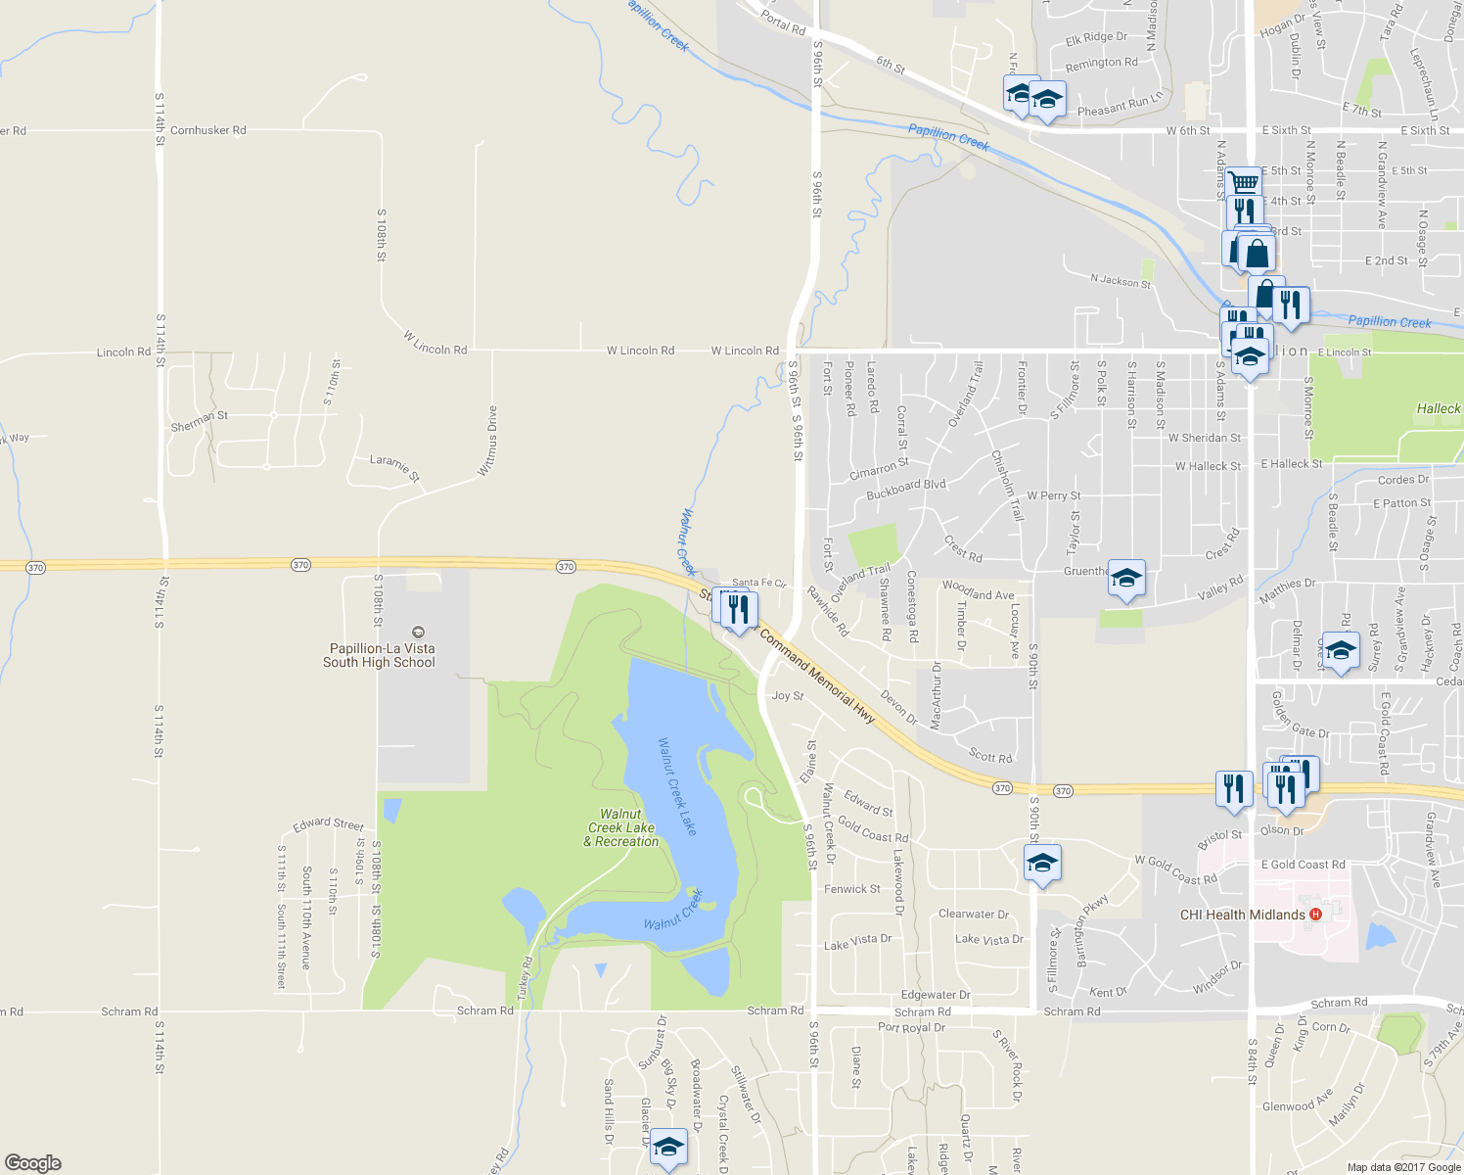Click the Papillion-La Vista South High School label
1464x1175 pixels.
(379, 655)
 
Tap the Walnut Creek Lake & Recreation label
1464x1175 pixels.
(621, 827)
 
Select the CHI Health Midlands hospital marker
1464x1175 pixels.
(1315, 915)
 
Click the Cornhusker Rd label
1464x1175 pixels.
(207, 130)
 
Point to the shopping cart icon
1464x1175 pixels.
(1243, 183)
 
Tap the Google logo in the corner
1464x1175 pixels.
(32, 1163)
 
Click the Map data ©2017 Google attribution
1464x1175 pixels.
(1403, 1167)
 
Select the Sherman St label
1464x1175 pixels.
(199, 421)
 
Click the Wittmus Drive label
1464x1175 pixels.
(486, 441)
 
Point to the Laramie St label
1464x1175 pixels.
(394, 468)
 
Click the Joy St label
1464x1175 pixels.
(788, 696)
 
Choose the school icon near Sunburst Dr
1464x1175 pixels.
(669, 1148)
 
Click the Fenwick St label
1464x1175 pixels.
(851, 889)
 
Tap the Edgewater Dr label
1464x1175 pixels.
(936, 995)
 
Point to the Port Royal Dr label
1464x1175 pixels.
(911, 1027)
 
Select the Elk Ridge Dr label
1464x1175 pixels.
(1096, 38)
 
